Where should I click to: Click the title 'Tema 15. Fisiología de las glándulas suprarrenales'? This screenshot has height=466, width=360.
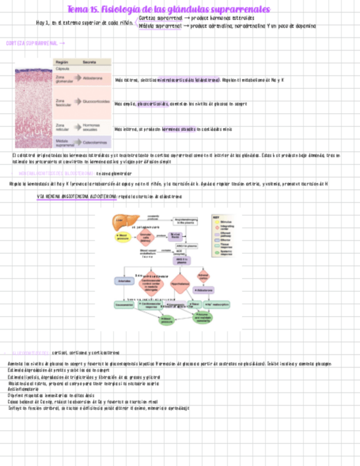[168, 10]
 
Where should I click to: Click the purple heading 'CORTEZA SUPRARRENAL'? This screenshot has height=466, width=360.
[32, 43]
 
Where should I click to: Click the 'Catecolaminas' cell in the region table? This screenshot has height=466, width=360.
[94, 142]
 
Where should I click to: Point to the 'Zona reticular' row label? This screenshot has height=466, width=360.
[62, 127]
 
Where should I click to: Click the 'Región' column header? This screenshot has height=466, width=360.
[62, 62]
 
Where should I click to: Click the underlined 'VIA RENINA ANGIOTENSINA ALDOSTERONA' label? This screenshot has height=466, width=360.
[76, 197]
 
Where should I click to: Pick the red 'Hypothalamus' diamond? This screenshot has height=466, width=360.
[180, 284]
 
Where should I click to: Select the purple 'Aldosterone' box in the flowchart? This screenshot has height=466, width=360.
[203, 290]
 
